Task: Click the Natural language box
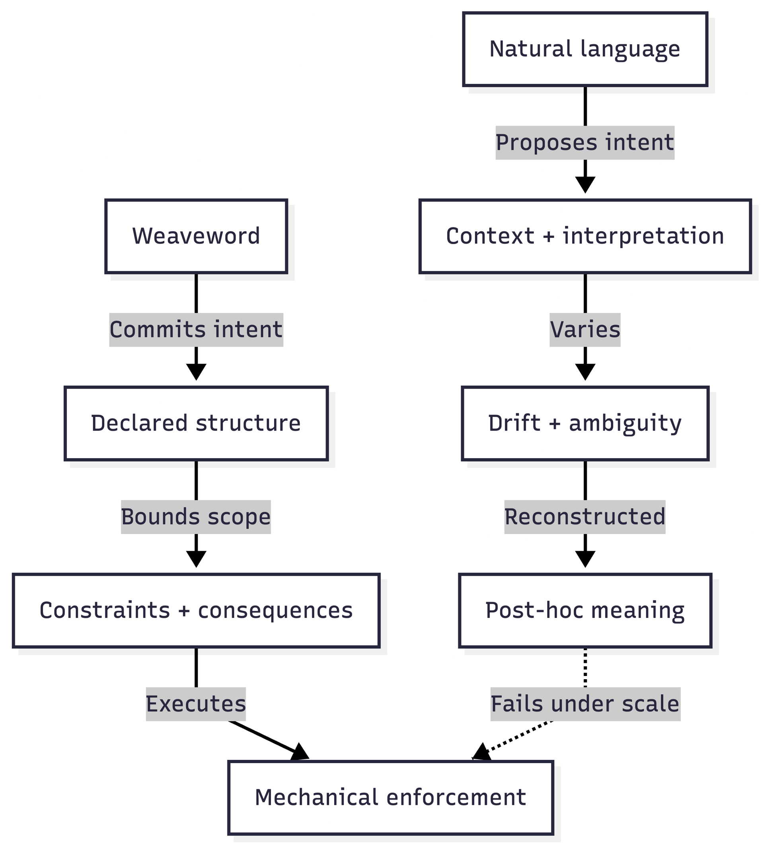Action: (585, 49)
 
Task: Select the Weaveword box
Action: (196, 236)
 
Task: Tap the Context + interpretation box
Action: (585, 236)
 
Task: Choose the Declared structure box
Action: (196, 423)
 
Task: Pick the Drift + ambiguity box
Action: (585, 423)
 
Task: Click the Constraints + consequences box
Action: (196, 610)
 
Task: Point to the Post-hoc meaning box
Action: (585, 610)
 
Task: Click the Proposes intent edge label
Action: (585, 143)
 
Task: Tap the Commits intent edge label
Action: (196, 330)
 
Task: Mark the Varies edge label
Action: (585, 330)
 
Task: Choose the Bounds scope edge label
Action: (196, 517)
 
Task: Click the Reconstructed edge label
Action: (585, 517)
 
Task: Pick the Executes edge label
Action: (196, 704)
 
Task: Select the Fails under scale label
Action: (585, 704)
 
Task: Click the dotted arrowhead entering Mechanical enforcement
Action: (481, 752)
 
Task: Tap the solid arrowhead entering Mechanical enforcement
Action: (300, 752)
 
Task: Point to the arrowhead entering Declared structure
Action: (196, 371)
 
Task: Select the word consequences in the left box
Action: (275, 611)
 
